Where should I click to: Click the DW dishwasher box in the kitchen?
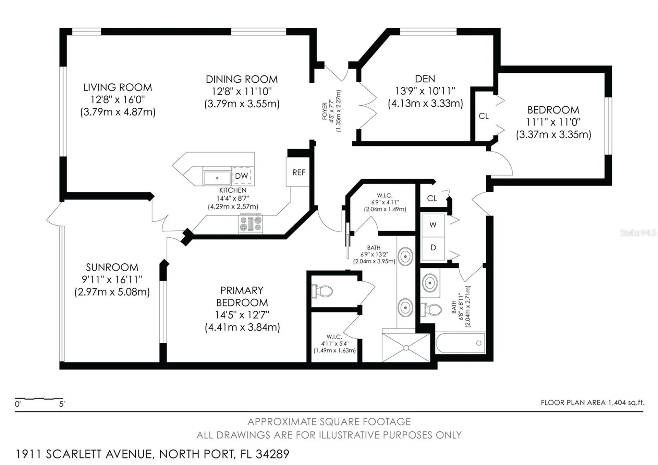pyautogui.click(x=242, y=176)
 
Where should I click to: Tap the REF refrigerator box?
pyautogui.click(x=298, y=172)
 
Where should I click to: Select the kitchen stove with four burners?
pyautogui.click(x=251, y=224)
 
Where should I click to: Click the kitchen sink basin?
pyautogui.click(x=217, y=178)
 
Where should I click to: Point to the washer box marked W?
pyautogui.click(x=433, y=225)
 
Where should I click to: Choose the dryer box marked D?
pyautogui.click(x=433, y=248)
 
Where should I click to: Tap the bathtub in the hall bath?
pyautogui.click(x=461, y=343)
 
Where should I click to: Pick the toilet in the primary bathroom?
pyautogui.click(x=322, y=291)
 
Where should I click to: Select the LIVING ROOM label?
pyautogui.click(x=118, y=87)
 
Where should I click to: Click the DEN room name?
pyautogui.click(x=425, y=79)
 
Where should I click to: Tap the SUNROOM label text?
pyautogui.click(x=112, y=267)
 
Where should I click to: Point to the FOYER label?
pyautogui.click(x=325, y=111)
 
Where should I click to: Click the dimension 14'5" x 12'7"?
pyautogui.click(x=242, y=315)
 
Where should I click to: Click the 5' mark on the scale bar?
pyautogui.click(x=62, y=404)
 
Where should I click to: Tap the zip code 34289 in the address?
pyautogui.click(x=272, y=454)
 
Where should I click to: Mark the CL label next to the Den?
pyautogui.click(x=484, y=116)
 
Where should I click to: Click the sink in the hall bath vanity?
pyautogui.click(x=430, y=283)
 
